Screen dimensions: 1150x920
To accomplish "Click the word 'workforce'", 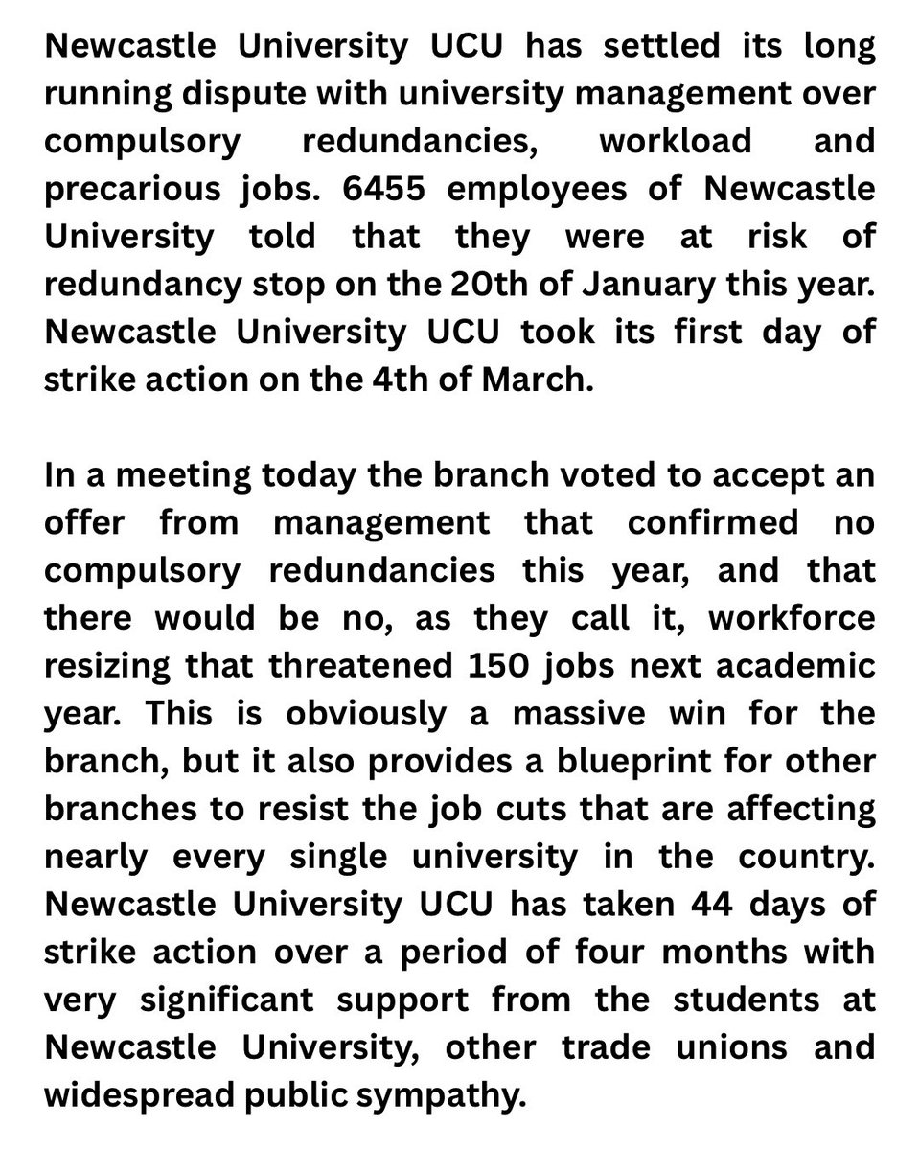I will (x=791, y=617).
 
